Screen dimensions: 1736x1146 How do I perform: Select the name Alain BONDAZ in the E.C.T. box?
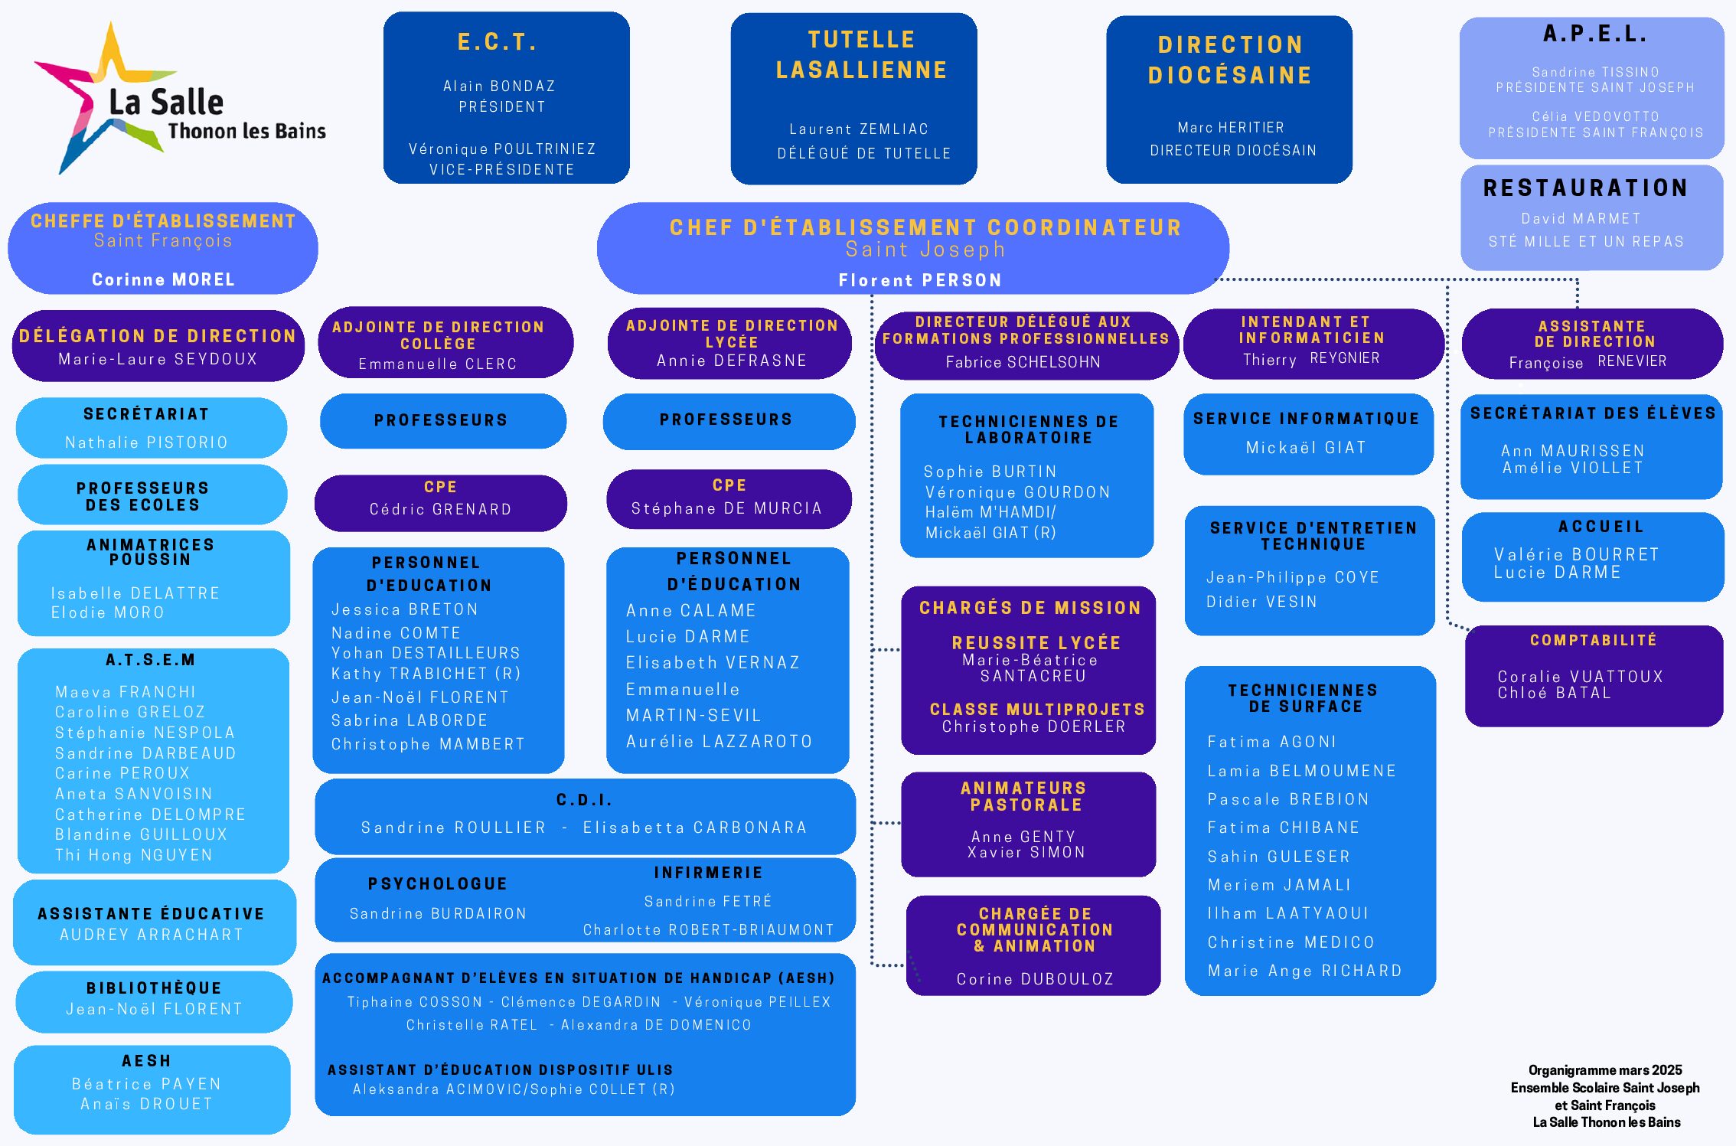tap(499, 87)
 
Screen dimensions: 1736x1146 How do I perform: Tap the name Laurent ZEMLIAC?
tap(859, 129)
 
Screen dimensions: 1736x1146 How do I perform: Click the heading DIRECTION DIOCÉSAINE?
tap(1230, 60)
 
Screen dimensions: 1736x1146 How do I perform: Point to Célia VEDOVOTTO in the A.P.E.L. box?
tap(1595, 116)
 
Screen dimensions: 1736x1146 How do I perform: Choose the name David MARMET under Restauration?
tap(1581, 219)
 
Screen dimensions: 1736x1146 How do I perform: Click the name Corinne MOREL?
tap(163, 279)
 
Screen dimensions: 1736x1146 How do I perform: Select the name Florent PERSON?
tap(920, 280)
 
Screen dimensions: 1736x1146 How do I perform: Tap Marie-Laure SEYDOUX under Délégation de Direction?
tap(158, 359)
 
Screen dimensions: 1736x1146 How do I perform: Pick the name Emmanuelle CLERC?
tap(438, 364)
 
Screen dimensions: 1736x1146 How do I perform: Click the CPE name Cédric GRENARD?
tap(440, 509)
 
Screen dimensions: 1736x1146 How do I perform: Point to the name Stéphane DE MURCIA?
tap(726, 508)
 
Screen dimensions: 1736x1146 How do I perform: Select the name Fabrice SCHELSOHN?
tap(1023, 362)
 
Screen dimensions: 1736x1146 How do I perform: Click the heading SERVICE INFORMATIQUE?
tap(1306, 419)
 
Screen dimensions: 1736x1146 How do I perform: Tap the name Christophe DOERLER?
tap(1033, 726)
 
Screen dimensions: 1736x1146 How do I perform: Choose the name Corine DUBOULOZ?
tap(1035, 979)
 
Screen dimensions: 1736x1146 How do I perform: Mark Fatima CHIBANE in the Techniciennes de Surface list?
tap(1283, 828)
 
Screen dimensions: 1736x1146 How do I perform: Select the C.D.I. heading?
tap(584, 800)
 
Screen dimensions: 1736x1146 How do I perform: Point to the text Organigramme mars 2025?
tap(1605, 1070)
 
